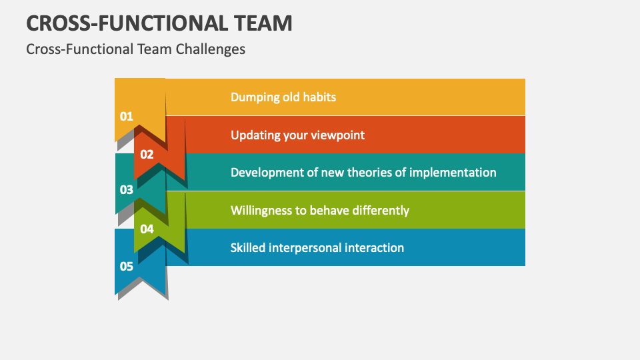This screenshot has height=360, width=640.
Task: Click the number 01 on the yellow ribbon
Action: point(127,116)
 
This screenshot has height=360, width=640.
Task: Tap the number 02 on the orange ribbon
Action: point(147,154)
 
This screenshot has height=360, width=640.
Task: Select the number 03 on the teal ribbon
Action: point(127,190)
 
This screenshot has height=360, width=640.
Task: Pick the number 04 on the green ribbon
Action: point(147,229)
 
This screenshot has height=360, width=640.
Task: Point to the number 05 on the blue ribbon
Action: point(127,267)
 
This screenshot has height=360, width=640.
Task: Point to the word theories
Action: point(371,172)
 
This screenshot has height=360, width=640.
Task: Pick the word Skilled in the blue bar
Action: point(248,247)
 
